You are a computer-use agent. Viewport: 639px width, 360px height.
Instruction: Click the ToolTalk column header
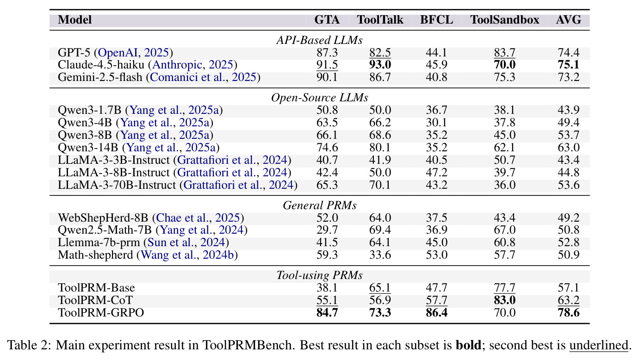pos(380,20)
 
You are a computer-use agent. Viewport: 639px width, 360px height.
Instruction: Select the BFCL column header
pos(436,20)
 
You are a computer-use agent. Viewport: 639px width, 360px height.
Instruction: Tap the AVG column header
pos(569,20)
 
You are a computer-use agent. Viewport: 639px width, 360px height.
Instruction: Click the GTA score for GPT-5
pos(327,53)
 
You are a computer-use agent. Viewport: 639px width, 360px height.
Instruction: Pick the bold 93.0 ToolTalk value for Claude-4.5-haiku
pos(380,65)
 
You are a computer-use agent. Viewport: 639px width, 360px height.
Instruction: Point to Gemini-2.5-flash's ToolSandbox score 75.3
pos(505,77)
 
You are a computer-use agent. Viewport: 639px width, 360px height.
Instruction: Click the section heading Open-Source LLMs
pos(319,98)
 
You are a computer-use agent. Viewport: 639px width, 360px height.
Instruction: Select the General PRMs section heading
pos(319,205)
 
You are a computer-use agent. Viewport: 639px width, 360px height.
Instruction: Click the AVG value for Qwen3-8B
pos(569,135)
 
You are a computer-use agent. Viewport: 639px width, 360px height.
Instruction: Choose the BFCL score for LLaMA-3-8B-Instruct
pos(436,173)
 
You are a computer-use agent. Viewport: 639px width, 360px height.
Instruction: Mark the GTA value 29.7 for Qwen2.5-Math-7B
pos(327,230)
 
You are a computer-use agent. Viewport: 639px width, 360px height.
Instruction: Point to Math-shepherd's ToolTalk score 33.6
pos(380,255)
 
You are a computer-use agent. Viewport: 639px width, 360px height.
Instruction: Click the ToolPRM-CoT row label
pos(95,300)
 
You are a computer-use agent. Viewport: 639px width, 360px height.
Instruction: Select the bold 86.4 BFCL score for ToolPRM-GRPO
pos(436,313)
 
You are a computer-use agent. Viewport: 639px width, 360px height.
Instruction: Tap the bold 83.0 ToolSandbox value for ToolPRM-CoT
pos(505,300)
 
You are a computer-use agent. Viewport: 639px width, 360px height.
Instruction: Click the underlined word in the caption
pos(599,345)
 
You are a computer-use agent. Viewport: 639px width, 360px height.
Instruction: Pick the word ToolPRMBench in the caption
pos(248,345)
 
